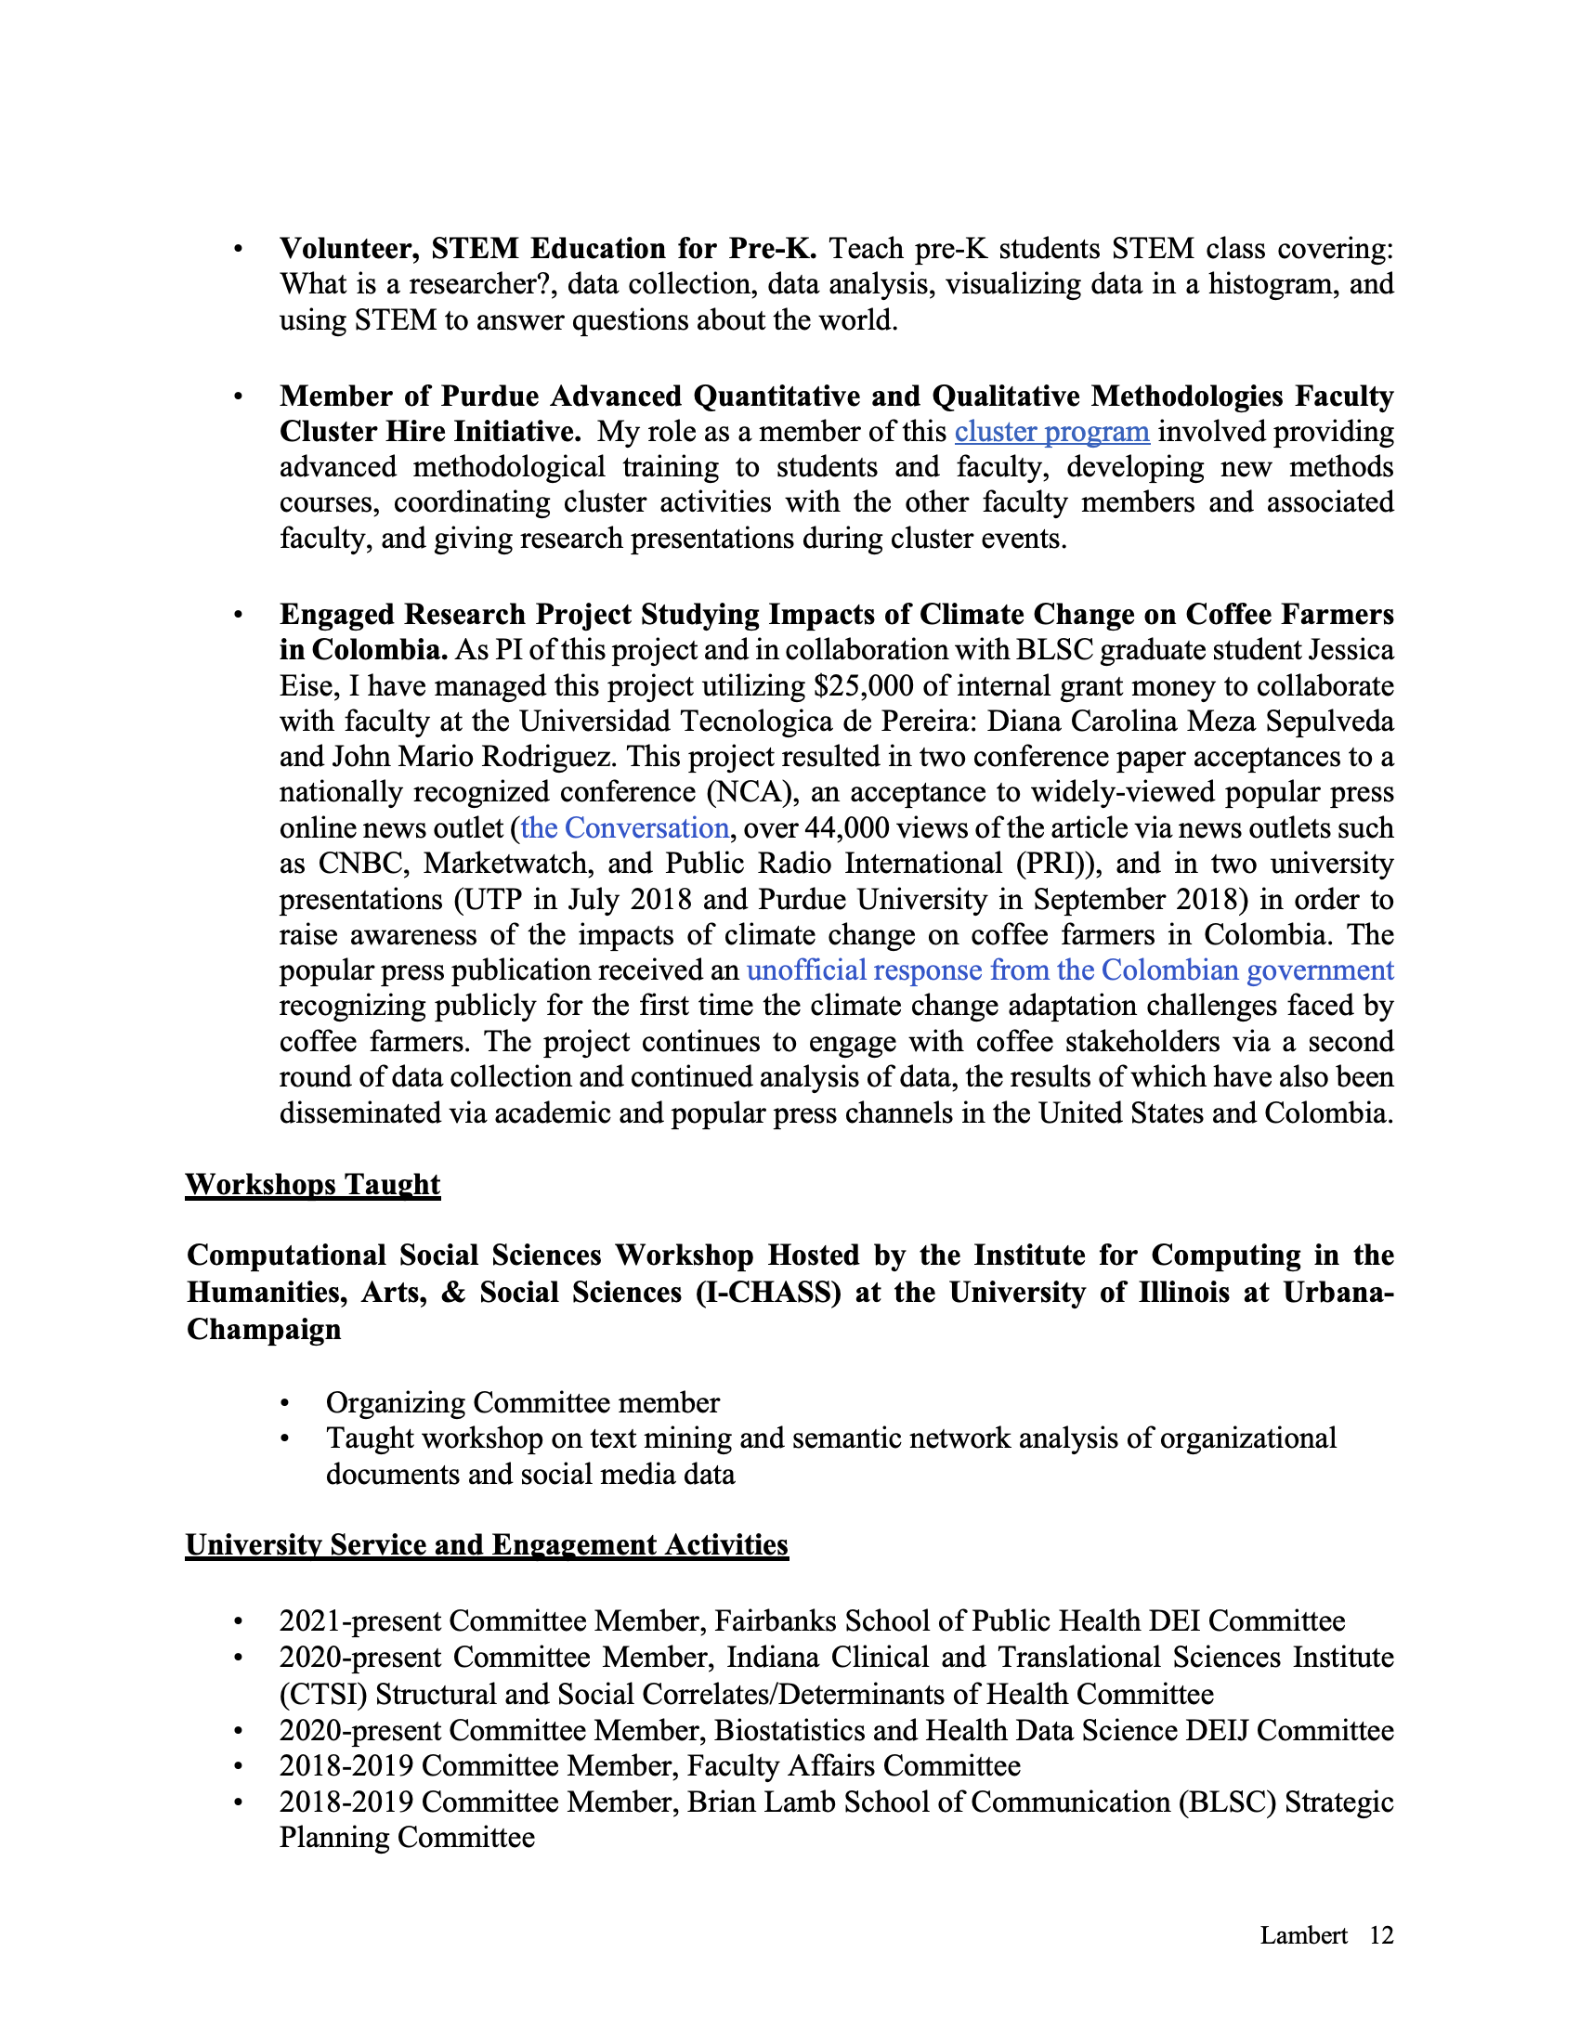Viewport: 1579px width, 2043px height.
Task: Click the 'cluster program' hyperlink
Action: coord(1051,432)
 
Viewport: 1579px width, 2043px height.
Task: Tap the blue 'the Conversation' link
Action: coord(624,827)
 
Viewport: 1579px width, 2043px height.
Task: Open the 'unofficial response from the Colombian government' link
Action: coord(1070,970)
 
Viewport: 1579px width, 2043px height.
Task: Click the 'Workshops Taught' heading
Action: coord(312,1184)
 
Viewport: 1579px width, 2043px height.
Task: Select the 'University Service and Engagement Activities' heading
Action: coord(487,1544)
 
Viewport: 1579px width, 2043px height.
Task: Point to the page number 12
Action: coord(1380,1935)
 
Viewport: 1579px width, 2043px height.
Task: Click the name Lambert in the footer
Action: coord(1303,1935)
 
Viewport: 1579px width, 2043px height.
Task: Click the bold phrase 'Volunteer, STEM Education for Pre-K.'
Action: coord(548,249)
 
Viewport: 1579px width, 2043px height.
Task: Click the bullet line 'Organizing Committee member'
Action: coord(522,1403)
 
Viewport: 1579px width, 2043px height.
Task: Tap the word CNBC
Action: coord(361,864)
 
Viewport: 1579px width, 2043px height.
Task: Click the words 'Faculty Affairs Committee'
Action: coord(853,1766)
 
